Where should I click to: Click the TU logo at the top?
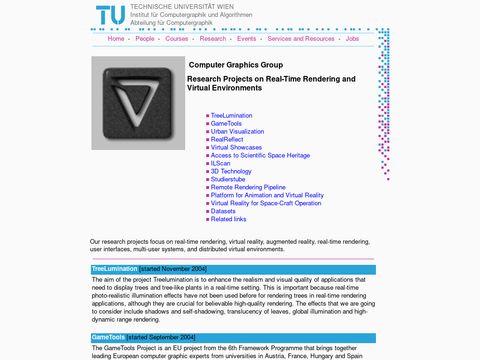pyautogui.click(x=111, y=16)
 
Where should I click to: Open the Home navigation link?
pyautogui.click(x=116, y=38)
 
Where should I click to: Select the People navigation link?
pyautogui.click(x=145, y=38)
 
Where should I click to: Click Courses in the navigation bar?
pyautogui.click(x=177, y=38)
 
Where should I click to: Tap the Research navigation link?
pyautogui.click(x=213, y=38)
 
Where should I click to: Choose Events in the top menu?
pyautogui.click(x=247, y=38)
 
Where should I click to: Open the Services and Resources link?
pyautogui.click(x=301, y=38)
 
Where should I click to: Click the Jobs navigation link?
pyautogui.click(x=352, y=38)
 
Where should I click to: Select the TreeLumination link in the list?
pyautogui.click(x=231, y=115)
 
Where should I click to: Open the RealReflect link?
pyautogui.click(x=228, y=139)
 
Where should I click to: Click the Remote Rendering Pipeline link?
pyautogui.click(x=248, y=187)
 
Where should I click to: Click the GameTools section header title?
pyautogui.click(x=108, y=337)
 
